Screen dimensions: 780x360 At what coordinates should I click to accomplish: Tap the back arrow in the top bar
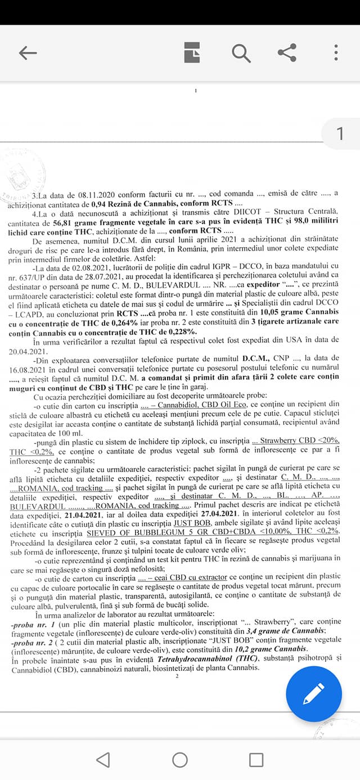tap(28, 53)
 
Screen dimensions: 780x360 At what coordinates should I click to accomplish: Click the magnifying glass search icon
tap(241, 53)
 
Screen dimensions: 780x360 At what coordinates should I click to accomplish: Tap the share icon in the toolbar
tap(287, 53)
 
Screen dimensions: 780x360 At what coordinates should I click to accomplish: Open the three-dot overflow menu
tap(336, 53)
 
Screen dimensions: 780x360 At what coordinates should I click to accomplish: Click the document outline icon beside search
tap(192, 53)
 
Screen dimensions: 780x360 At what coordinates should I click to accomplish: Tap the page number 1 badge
tap(340, 134)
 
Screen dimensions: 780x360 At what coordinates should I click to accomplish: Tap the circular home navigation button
tap(180, 760)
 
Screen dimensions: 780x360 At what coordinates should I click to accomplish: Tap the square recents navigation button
tap(256, 760)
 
